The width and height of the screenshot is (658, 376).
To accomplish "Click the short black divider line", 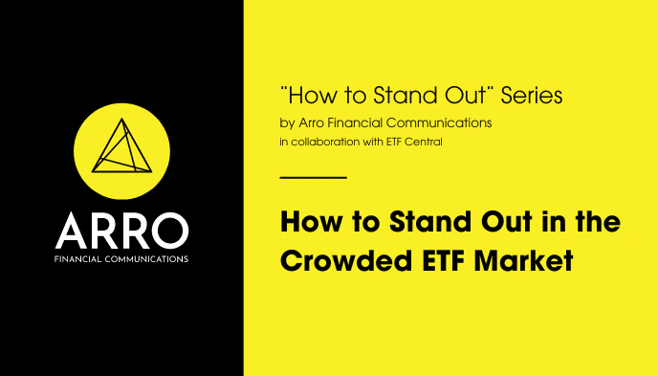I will pos(313,177).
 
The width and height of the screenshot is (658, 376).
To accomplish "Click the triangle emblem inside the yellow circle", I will pos(121,152).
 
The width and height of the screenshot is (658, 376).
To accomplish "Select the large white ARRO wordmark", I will pos(121,231).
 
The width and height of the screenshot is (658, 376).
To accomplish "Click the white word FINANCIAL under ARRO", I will pos(79,258).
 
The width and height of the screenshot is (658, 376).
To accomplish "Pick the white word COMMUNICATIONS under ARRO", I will pos(147,258).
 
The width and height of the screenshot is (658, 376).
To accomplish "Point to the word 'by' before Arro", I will pos(286,124).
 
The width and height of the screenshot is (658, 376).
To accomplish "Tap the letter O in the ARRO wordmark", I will pos(172,231).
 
